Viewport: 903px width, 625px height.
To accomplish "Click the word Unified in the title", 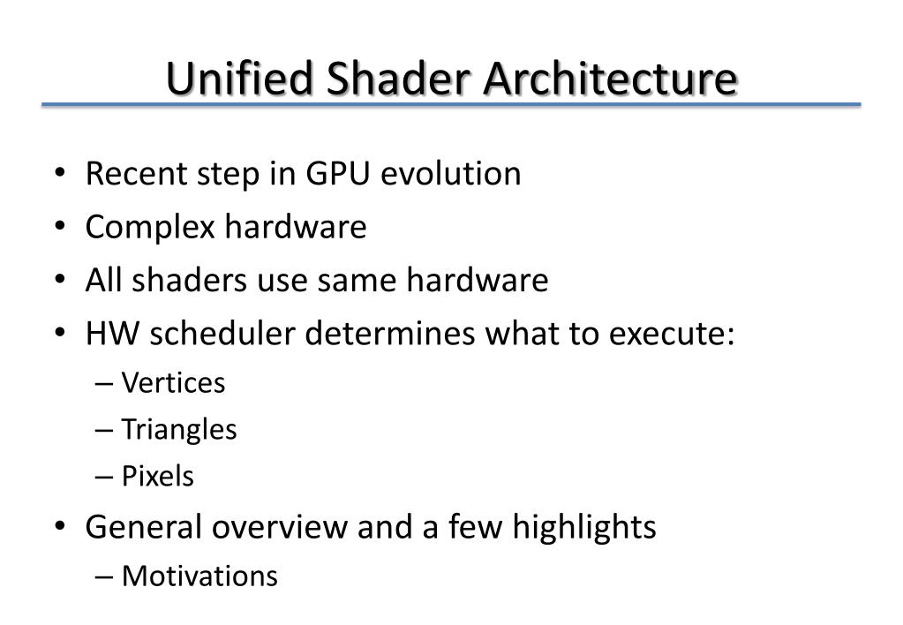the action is click(238, 79).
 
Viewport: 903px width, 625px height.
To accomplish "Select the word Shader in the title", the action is click(399, 79).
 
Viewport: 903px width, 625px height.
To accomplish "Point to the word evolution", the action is click(451, 174).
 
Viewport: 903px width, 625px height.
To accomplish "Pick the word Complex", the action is click(150, 228).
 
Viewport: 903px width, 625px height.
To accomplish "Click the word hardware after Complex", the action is click(295, 227).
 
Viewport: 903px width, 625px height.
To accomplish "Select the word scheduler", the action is click(223, 334).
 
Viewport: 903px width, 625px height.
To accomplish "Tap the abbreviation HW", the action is click(113, 334).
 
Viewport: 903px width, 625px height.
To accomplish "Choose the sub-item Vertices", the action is click(173, 383).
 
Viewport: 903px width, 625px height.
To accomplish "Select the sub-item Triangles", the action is click(179, 430).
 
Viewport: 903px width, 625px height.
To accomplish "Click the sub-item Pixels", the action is click(158, 477).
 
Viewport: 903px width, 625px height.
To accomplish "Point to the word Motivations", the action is click(199, 576).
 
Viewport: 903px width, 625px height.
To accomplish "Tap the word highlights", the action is click(584, 527).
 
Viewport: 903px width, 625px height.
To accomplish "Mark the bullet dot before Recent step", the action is click(59, 175).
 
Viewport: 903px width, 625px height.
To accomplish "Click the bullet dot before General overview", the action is click(59, 528).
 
